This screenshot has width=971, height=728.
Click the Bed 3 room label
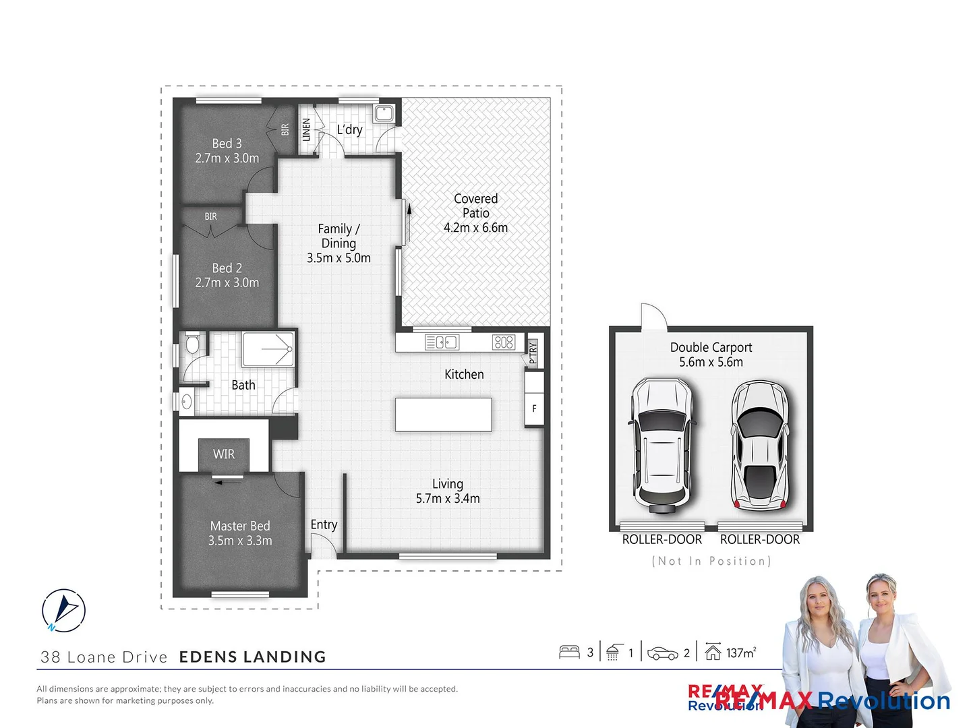pyautogui.click(x=227, y=144)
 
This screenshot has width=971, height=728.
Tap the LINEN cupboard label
pyautogui.click(x=306, y=129)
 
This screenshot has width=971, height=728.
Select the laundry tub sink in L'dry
pyautogui.click(x=384, y=113)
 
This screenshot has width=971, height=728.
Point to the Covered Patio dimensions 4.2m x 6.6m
pyautogui.click(x=475, y=228)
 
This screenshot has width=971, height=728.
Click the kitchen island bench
pyautogui.click(x=443, y=415)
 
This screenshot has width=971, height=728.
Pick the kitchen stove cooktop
pyautogui.click(x=504, y=342)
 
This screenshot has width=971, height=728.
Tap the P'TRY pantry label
pyautogui.click(x=533, y=352)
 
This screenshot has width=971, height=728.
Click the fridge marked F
pyautogui.click(x=534, y=408)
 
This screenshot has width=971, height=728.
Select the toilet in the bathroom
pyautogui.click(x=192, y=344)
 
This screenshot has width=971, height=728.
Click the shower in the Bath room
pyautogui.click(x=268, y=349)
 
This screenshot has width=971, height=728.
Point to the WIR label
pyautogui.click(x=224, y=454)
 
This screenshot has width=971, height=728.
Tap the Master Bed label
pyautogui.click(x=240, y=526)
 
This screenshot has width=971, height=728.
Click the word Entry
pyautogui.click(x=324, y=524)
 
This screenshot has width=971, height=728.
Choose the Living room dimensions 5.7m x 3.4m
pyautogui.click(x=448, y=499)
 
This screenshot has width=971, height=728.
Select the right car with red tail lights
pyautogui.click(x=761, y=445)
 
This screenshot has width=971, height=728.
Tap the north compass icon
pyautogui.click(x=63, y=611)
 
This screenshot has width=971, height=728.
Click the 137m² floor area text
pyautogui.click(x=740, y=653)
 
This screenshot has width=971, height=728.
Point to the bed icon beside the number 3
pyautogui.click(x=569, y=652)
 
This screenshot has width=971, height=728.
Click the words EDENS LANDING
pyautogui.click(x=252, y=657)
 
